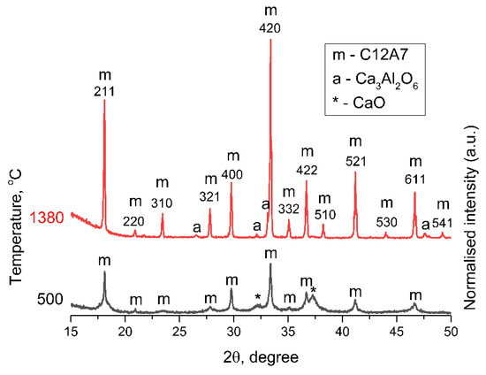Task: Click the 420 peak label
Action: click(270, 28)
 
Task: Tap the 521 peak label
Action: click(355, 161)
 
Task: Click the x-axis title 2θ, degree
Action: click(261, 356)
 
